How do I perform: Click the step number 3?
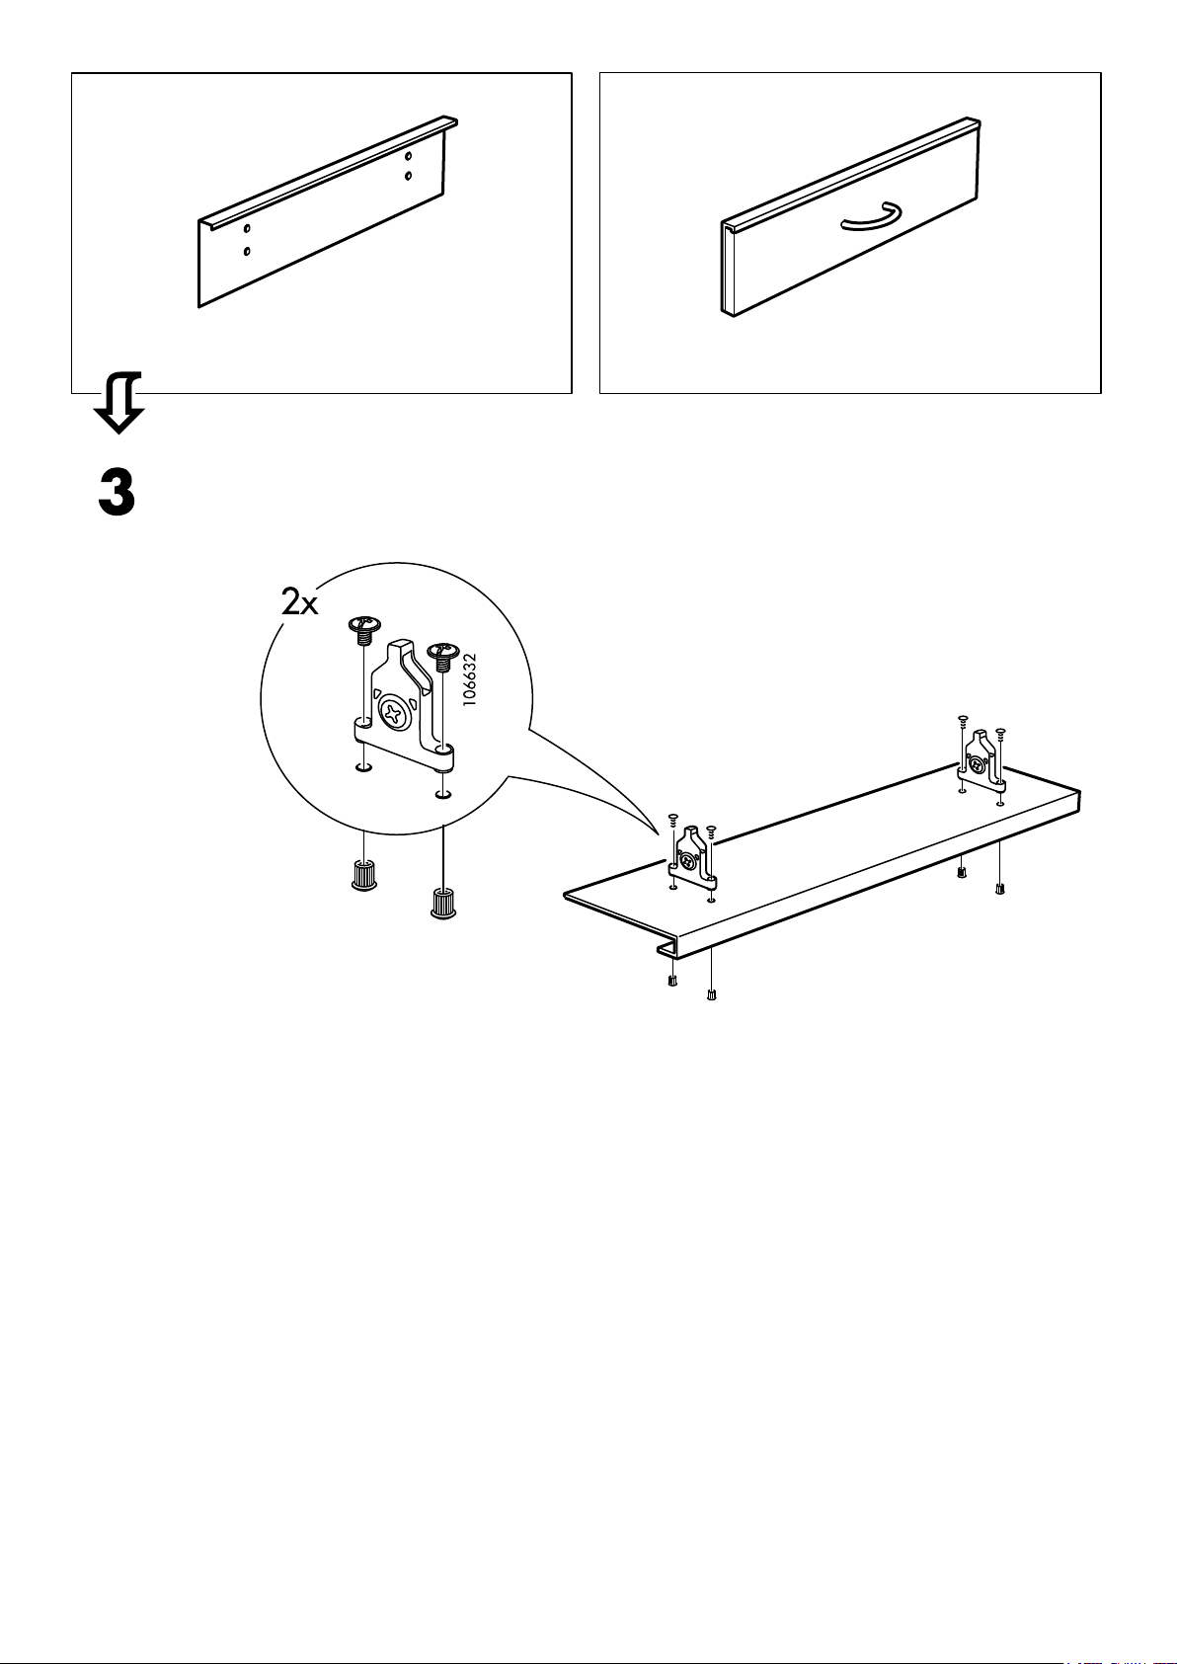117,491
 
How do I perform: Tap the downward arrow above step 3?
119,404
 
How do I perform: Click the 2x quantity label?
299,602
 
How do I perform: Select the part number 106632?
470,677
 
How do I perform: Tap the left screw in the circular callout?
364,628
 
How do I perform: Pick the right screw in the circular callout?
440,653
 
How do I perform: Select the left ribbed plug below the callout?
364,874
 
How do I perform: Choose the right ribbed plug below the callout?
441,902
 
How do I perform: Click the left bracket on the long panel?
692,853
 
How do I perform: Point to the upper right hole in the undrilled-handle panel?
409,155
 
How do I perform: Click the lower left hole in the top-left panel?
247,251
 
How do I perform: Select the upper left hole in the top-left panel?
247,229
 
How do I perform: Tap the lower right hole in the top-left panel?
409,176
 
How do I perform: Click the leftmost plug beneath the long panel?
672,981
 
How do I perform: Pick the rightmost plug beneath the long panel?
1000,888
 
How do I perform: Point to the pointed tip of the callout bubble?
659,832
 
